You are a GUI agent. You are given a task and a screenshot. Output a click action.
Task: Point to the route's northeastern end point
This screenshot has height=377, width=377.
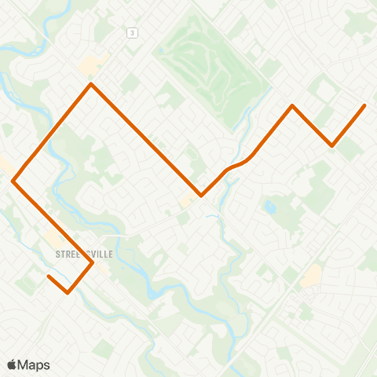click(364, 105)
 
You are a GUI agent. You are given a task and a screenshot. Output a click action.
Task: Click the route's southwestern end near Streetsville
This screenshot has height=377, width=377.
click(49, 276)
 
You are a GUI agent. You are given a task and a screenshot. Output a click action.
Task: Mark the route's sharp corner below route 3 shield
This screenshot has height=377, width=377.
click(92, 84)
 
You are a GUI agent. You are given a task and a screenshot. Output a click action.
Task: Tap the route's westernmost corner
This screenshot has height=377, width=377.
click(13, 181)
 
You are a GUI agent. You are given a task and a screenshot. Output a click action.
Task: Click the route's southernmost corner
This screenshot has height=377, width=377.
click(68, 293)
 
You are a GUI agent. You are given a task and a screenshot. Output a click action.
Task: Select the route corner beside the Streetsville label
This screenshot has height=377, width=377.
click(93, 263)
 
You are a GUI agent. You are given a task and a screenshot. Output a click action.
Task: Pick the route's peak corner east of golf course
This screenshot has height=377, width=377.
click(292, 105)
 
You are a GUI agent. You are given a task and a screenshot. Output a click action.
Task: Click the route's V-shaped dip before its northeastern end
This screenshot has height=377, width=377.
click(332, 145)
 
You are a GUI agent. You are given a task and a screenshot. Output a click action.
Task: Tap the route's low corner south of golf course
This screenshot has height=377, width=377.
click(201, 196)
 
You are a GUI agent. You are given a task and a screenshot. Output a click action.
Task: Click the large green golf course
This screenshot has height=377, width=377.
click(207, 75)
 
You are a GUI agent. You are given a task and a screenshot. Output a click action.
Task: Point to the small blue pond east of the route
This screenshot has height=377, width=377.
click(271, 208)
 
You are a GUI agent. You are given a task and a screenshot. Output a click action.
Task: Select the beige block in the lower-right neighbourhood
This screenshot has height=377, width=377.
click(311, 275)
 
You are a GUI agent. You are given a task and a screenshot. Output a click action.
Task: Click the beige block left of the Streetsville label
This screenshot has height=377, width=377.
click(52, 237)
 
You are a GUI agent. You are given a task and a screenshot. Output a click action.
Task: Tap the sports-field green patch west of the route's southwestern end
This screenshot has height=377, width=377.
click(28, 280)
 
